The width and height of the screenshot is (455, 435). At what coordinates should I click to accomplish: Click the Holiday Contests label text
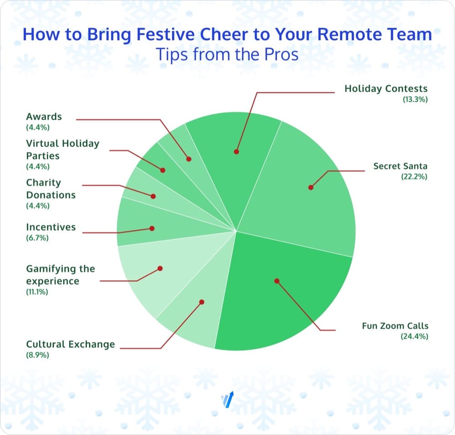click(386, 89)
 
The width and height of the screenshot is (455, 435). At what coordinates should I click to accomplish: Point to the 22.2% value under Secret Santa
click(414, 177)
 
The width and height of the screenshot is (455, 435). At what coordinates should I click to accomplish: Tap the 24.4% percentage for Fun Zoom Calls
click(415, 336)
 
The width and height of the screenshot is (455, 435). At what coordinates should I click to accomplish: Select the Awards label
click(44, 116)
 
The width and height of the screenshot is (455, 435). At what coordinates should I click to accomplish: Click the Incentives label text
click(51, 227)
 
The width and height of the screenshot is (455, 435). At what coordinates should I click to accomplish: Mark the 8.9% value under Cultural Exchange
click(37, 355)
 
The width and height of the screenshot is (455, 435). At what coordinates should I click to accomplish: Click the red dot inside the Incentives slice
click(152, 228)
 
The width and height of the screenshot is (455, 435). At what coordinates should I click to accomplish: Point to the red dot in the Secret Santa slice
click(311, 187)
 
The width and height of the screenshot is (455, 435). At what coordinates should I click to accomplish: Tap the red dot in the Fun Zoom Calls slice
click(277, 281)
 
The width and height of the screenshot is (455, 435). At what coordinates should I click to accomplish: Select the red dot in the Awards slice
click(189, 159)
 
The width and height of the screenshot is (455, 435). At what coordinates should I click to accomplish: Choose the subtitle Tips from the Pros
click(227, 55)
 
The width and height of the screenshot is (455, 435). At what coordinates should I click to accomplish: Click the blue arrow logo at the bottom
click(227, 400)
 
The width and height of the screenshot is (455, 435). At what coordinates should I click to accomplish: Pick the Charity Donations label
click(51, 189)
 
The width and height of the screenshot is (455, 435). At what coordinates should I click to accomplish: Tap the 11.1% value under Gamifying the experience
click(37, 292)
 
